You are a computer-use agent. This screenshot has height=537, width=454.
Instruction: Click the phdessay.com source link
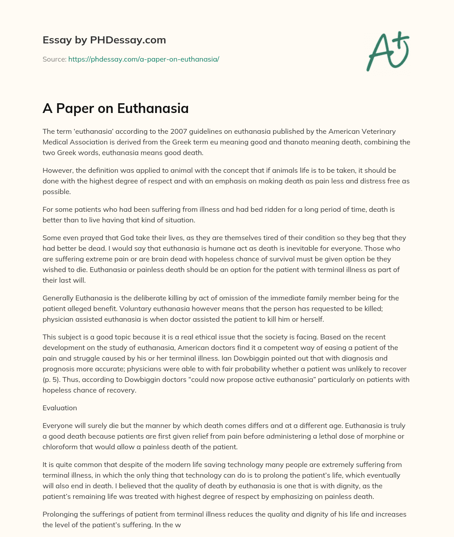[144, 59]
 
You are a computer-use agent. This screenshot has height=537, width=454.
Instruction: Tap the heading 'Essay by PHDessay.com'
[104, 40]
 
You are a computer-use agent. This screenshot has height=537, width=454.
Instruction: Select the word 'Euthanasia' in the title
[153, 108]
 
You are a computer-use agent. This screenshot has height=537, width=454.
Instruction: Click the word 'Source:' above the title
[54, 59]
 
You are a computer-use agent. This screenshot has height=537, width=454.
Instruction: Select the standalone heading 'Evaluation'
[60, 408]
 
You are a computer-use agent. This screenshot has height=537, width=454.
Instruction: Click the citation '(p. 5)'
[53, 380]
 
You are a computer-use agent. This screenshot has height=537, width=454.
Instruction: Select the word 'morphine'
[386, 436]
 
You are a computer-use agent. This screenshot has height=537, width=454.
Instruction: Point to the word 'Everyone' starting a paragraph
[58, 426]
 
